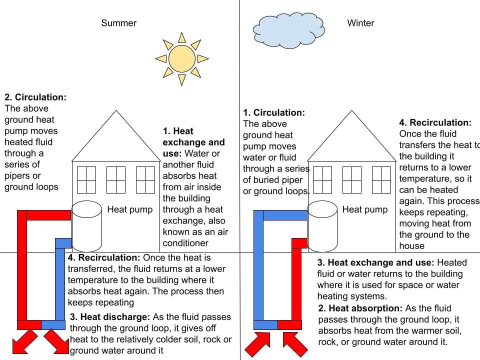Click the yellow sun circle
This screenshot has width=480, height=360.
[x=181, y=58]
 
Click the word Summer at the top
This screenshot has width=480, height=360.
[x=118, y=23]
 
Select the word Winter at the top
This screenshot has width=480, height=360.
[x=360, y=23]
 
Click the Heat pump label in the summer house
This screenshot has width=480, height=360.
[x=130, y=209]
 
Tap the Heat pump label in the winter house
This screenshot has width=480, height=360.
[x=364, y=209]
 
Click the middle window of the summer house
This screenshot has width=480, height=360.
[x=116, y=179]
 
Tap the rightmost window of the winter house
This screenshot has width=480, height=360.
[x=381, y=179]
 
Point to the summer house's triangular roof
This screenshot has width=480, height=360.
[x=116, y=140]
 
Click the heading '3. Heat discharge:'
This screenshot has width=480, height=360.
[x=109, y=317]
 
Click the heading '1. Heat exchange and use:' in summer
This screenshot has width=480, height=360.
[x=193, y=137]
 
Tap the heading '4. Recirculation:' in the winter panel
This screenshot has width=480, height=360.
[x=435, y=122]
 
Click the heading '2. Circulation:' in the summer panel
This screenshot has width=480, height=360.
[x=35, y=97]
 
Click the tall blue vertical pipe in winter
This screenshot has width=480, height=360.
[x=258, y=265]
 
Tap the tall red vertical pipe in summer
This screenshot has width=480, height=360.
[x=22, y=265]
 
